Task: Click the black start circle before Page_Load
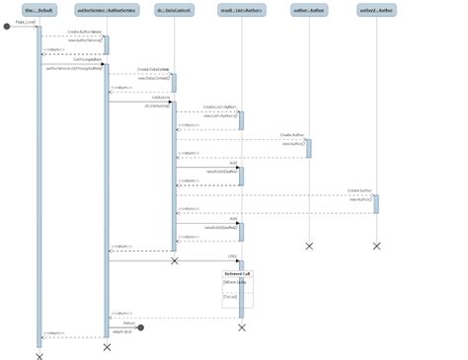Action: point(7,26)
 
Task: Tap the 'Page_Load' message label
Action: point(25,21)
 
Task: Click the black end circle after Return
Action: point(141,326)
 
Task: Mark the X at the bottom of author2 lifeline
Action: point(376,246)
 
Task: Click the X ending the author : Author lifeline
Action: point(309,246)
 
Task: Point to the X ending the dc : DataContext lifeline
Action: point(174,261)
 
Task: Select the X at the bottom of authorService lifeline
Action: point(107,347)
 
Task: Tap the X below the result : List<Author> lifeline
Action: point(241,326)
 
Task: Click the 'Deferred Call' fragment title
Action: point(237,273)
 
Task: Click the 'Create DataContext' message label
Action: point(153,69)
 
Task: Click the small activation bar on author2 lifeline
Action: point(375,203)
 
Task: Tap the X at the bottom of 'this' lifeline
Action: point(39,356)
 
